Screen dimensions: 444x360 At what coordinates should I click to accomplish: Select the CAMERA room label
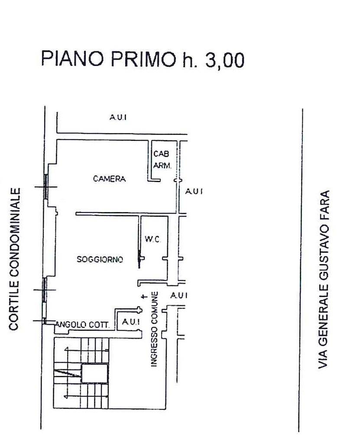point(109,179)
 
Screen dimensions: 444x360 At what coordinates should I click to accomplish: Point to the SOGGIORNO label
point(100,260)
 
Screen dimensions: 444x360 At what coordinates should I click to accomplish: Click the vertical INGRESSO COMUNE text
point(154,330)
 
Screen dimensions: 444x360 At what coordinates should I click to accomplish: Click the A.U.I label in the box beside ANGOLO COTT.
point(130,322)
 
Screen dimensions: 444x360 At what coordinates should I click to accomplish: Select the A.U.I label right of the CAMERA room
point(194,191)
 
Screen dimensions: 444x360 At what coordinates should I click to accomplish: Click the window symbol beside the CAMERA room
point(45,186)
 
